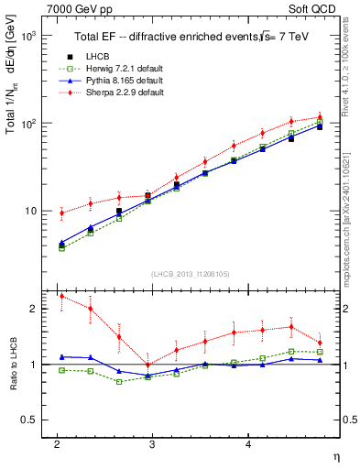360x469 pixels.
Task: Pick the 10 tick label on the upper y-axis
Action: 27,211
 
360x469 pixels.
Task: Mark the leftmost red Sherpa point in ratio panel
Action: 61,296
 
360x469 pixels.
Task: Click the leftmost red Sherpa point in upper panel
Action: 61,213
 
